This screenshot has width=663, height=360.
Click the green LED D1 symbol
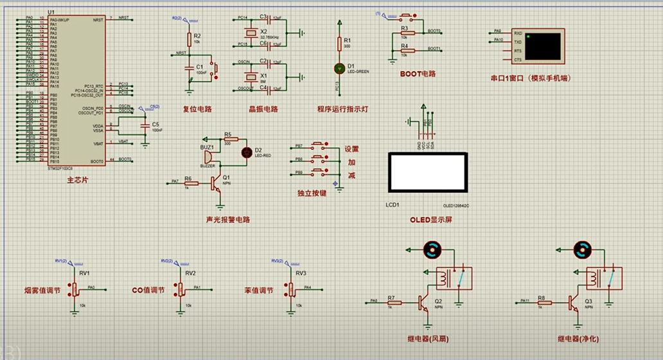click(340, 67)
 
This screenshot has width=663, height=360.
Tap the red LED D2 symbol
click(246, 152)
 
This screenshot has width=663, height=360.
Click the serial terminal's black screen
click(543, 46)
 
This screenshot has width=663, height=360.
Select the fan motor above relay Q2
click(432, 251)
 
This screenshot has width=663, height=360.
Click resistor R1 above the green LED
click(340, 44)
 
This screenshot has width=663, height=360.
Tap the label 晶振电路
click(264, 109)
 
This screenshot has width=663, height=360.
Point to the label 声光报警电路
click(228, 220)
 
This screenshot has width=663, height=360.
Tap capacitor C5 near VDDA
click(145, 126)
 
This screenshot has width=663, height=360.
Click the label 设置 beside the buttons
click(351, 149)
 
